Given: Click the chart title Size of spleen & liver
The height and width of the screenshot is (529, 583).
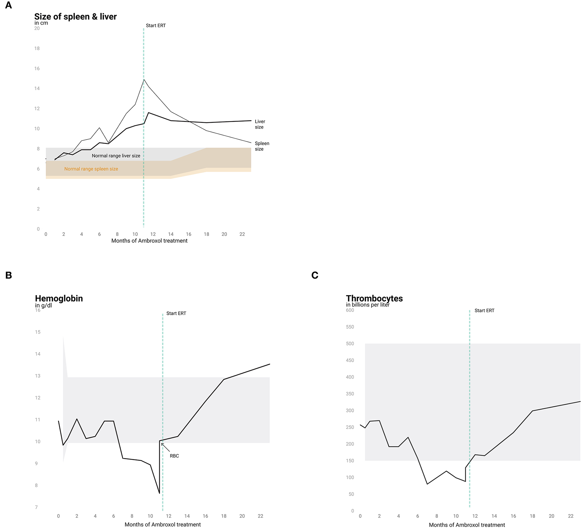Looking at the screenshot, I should click(75, 16).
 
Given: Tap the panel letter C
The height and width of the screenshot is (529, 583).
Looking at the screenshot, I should click(315, 275).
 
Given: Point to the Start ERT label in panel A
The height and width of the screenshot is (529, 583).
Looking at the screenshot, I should click(156, 25).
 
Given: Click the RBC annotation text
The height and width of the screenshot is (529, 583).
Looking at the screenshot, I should click(174, 456).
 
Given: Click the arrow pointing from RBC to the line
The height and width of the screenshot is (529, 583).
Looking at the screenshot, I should click(165, 447).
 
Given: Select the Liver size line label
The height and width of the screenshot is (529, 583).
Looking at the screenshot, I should click(260, 124).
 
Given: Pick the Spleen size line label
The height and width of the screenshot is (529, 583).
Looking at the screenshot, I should click(262, 146).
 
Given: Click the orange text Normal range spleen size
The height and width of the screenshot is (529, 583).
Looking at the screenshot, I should click(91, 169).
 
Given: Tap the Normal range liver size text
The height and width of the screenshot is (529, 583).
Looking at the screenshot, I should click(116, 156).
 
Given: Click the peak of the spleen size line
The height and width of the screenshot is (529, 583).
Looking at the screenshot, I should click(144, 80).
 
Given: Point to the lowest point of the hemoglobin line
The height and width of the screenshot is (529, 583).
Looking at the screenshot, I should click(160, 493).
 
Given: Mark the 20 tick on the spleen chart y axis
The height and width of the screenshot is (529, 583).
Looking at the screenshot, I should click(37, 28).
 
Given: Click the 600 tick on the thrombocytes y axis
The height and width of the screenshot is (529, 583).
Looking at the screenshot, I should click(350, 310).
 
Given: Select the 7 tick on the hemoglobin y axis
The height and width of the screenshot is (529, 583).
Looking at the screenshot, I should click(37, 507).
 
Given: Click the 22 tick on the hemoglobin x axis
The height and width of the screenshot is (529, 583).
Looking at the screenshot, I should click(260, 516).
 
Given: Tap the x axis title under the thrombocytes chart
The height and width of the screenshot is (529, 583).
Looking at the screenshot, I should click(467, 525).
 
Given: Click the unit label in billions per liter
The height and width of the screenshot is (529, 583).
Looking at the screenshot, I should click(368, 305).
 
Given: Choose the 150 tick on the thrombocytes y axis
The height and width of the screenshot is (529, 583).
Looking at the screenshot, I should click(350, 461).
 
